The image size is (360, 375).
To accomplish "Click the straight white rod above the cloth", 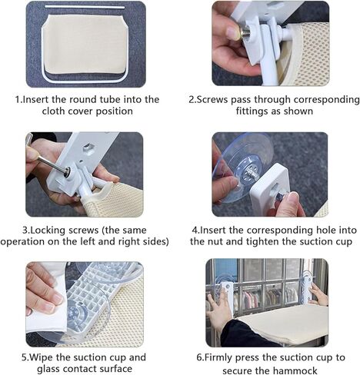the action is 85,7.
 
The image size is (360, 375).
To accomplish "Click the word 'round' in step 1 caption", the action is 86,99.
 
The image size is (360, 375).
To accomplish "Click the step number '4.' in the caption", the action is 196,230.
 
